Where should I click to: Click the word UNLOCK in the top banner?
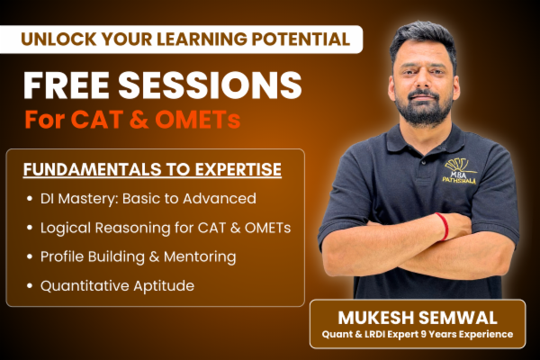click(55, 39)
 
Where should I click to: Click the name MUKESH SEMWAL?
click(417, 317)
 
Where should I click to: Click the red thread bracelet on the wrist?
click(444, 226)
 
